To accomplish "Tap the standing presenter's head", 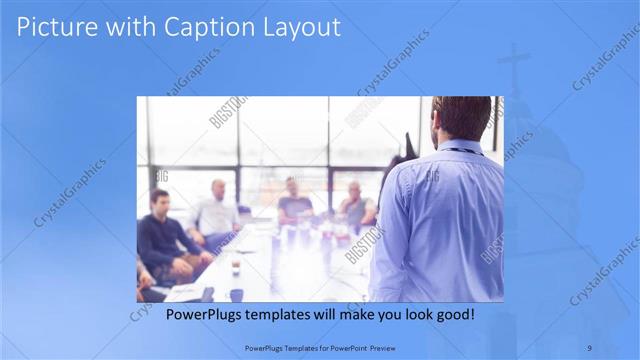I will coord(461,117).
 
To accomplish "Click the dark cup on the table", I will coord(235,268).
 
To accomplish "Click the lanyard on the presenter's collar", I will coord(462,150).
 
